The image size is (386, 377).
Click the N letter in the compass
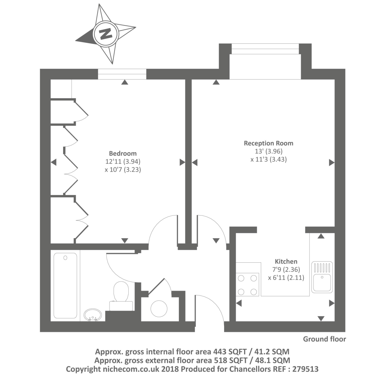(106, 34)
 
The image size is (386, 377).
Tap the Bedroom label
(123, 153)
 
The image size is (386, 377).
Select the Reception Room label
(269, 143)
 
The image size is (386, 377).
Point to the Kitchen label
(286, 261)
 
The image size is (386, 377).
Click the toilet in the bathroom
(121, 296)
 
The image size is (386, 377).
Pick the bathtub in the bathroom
(65, 286)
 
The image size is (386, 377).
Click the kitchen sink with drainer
(322, 277)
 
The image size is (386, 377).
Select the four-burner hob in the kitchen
(247, 285)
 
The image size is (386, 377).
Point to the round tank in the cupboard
(159, 309)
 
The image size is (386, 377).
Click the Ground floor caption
(324, 339)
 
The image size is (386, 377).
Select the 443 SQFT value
(230, 352)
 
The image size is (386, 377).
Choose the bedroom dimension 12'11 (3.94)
(123, 161)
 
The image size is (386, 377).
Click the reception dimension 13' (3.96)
(269, 151)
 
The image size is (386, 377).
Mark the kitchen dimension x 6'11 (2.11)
(286, 277)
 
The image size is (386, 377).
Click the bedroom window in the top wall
(122, 74)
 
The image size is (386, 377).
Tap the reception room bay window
(265, 49)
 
